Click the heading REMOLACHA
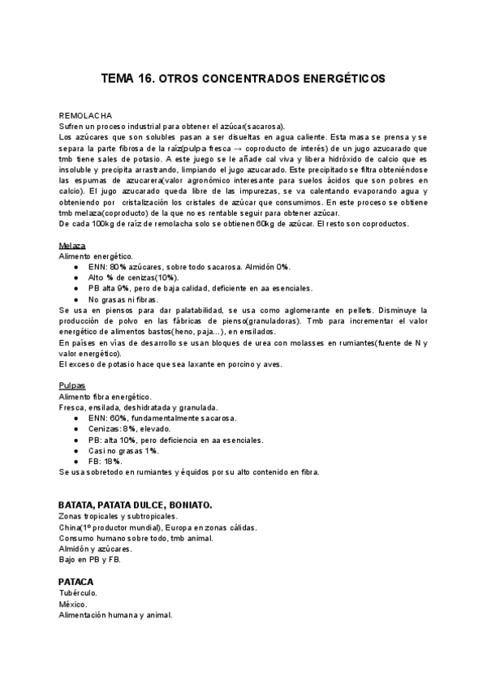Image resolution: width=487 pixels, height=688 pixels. pos(85,116)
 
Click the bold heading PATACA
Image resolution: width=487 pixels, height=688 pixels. pos(76,582)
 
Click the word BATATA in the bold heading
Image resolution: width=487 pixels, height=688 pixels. pos(75,505)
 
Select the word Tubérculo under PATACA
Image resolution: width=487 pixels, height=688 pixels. pos(78,593)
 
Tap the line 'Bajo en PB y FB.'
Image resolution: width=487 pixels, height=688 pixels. pos(89,560)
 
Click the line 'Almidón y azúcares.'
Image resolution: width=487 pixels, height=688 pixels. pos(97,549)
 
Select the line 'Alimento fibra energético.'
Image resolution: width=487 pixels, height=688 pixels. pos(105,396)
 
